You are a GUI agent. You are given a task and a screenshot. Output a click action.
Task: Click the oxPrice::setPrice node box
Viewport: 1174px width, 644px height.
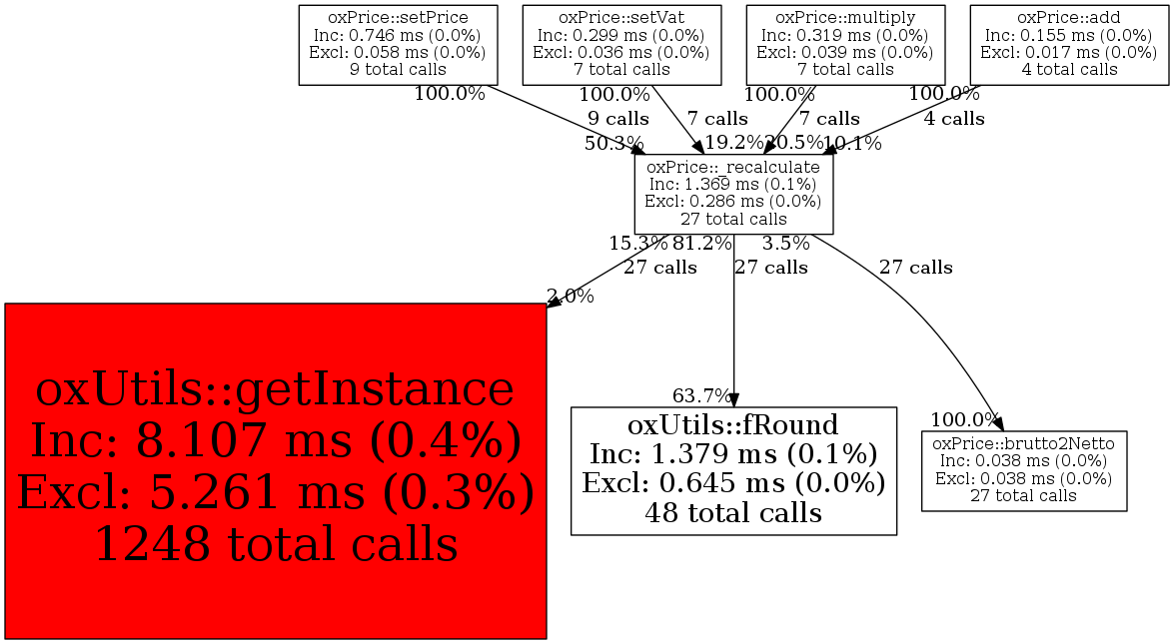point(398,45)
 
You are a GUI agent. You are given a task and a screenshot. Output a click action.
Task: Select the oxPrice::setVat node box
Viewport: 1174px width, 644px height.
point(621,45)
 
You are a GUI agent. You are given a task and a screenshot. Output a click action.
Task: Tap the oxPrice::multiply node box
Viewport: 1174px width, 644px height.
point(845,45)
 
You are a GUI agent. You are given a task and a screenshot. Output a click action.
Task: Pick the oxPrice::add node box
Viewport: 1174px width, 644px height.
point(1068,45)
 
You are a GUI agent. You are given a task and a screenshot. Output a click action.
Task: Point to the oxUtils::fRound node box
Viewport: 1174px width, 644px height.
point(733,470)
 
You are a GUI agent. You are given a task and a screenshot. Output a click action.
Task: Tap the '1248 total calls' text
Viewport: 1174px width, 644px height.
point(276,544)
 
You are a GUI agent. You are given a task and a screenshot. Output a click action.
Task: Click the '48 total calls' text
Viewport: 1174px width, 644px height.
point(733,513)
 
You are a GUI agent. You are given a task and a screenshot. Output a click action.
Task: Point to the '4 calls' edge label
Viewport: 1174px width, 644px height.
point(953,119)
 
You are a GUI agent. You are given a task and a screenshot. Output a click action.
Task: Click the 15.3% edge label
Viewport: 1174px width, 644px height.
point(637,243)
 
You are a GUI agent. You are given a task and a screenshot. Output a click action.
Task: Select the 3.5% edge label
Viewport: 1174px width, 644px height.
point(785,243)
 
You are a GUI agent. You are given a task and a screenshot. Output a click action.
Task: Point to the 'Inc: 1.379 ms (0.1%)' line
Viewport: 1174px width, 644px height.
point(733,455)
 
